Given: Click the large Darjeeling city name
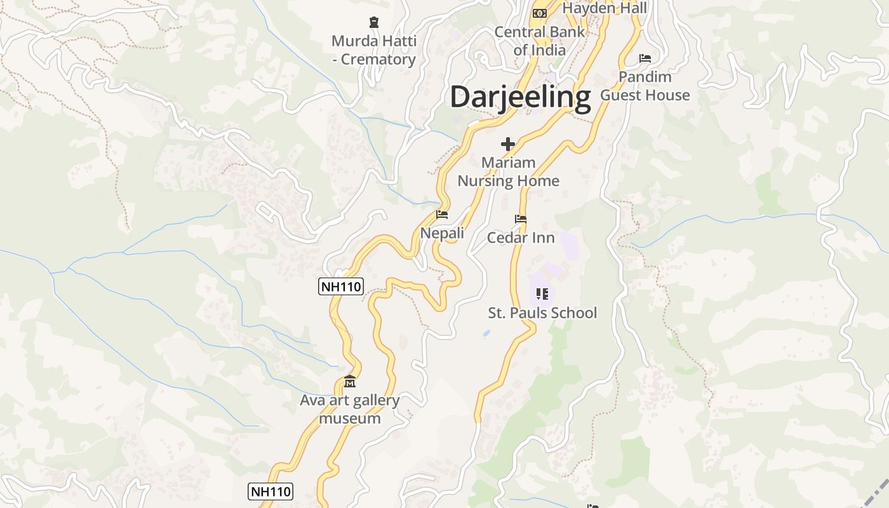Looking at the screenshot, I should click(x=520, y=98).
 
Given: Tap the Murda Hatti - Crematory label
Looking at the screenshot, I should click(x=374, y=50).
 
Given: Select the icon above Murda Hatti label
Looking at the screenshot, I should click(x=374, y=23).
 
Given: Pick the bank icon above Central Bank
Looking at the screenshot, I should click(x=540, y=13).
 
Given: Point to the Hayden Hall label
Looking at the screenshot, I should click(x=605, y=8).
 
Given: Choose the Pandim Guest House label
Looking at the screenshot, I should click(x=645, y=86).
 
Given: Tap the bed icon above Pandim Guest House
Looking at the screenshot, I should click(x=645, y=58).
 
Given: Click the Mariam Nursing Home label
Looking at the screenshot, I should click(x=508, y=171).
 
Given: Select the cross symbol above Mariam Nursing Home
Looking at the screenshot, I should click(x=508, y=144).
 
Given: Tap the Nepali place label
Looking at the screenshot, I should click(x=442, y=233).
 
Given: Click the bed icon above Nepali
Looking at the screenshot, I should click(x=442, y=215).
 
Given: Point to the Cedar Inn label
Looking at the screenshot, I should click(x=521, y=237).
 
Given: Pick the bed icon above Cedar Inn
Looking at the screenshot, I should click(x=521, y=219).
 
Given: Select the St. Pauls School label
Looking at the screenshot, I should click(x=542, y=312).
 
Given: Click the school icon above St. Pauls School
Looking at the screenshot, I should click(x=542, y=293).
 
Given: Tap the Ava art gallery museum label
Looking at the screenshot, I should click(x=350, y=409).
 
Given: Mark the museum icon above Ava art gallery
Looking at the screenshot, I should click(x=350, y=382).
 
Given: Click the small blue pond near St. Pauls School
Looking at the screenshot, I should click(x=486, y=333).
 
